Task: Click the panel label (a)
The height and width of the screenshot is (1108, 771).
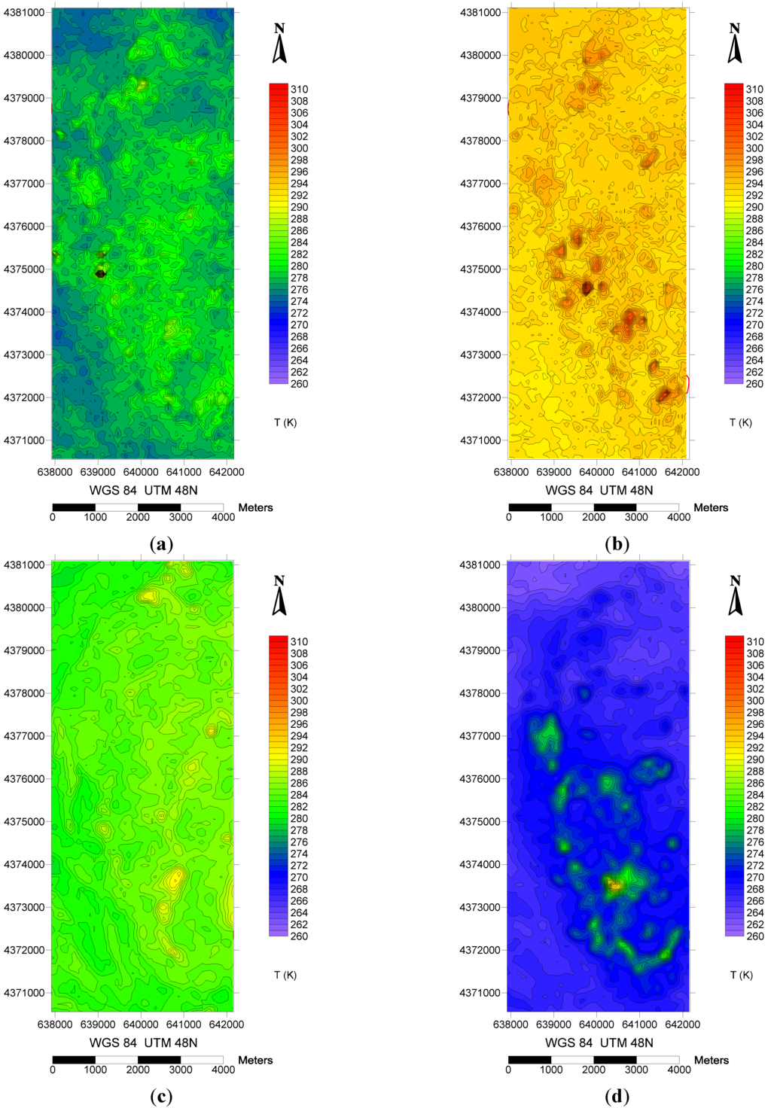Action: tap(162, 544)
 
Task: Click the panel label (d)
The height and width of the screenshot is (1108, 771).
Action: tap(617, 1097)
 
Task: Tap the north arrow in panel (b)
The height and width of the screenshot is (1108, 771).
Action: tap(735, 44)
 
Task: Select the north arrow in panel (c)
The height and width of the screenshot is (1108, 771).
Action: tap(279, 597)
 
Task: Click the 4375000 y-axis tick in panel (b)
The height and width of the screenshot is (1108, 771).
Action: tap(480, 269)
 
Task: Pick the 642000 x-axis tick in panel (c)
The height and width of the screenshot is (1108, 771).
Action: tap(227, 1024)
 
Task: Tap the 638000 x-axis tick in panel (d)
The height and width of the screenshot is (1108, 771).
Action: tap(511, 1024)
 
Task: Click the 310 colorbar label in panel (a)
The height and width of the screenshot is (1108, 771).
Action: tap(299, 89)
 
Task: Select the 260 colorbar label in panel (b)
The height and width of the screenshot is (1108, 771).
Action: tap(754, 384)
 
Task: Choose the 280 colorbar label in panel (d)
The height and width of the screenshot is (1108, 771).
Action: tap(754, 818)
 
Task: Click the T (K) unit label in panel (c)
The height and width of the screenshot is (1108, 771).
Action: tap(285, 976)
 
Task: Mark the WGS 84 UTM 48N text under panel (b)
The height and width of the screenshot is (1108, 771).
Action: tap(599, 490)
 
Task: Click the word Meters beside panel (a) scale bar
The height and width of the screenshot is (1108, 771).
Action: tap(256, 508)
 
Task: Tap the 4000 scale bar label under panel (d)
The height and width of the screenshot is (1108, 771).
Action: tap(678, 1070)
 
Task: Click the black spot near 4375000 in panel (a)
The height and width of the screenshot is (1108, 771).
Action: tap(101, 274)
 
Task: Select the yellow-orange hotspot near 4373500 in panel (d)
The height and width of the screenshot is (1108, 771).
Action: tap(615, 886)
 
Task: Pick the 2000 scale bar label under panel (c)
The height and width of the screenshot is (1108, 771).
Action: tap(138, 1070)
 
